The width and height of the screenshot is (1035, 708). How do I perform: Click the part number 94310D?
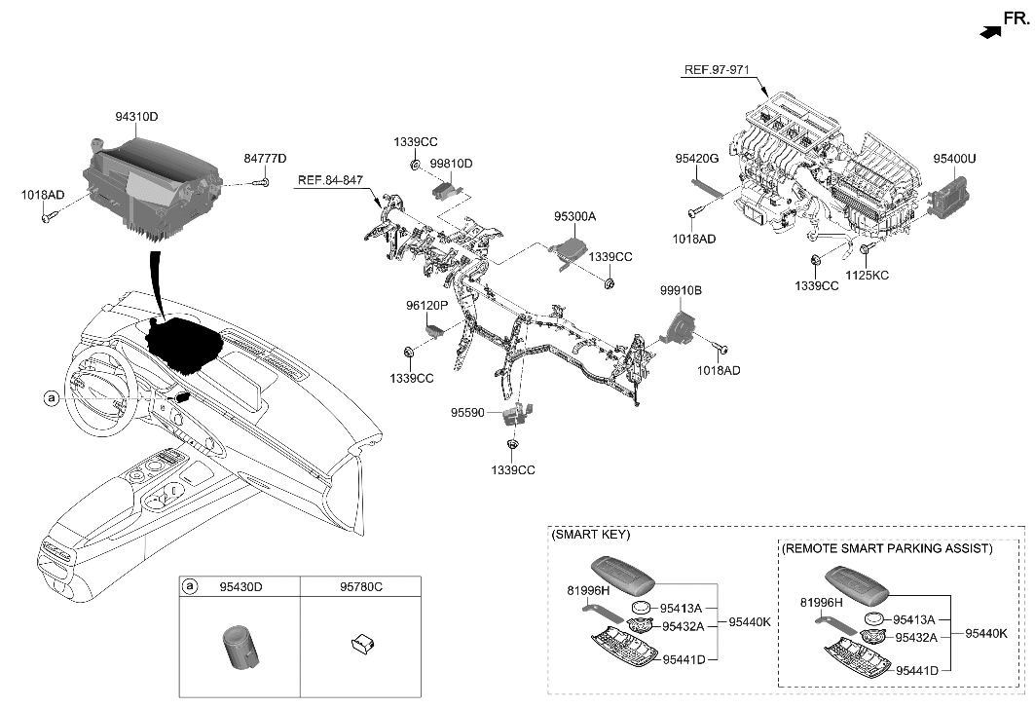[136, 117]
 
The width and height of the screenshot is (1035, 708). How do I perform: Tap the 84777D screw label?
[265, 159]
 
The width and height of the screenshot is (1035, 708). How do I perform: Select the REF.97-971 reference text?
[717, 70]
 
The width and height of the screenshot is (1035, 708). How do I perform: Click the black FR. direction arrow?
[989, 32]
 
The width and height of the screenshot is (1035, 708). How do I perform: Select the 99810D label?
[452, 164]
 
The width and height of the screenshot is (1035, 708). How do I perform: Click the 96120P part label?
[426, 305]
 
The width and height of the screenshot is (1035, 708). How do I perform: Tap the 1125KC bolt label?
[868, 276]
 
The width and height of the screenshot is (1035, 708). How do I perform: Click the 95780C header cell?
[360, 587]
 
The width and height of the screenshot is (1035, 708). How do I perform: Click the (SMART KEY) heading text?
[591, 535]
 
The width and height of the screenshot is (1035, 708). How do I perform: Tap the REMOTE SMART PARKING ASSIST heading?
[887, 549]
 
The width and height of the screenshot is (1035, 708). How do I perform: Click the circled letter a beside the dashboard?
[51, 397]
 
